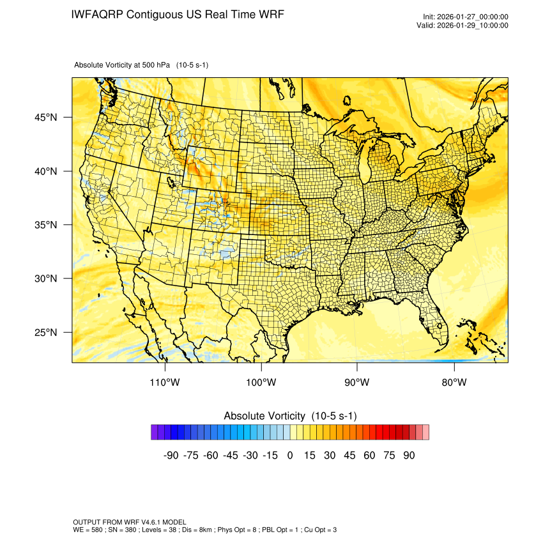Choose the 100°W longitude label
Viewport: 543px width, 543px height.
click(x=261, y=383)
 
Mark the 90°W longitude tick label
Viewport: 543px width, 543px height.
click(x=357, y=383)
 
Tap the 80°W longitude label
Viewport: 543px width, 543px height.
click(x=454, y=383)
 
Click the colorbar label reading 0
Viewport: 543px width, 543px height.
click(x=290, y=455)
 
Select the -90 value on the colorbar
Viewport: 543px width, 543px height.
click(x=171, y=455)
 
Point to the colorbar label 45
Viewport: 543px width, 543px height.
click(x=349, y=455)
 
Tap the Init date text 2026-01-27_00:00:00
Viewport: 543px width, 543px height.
click(x=471, y=17)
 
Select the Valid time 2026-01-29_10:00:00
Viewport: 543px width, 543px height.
click(x=471, y=26)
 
